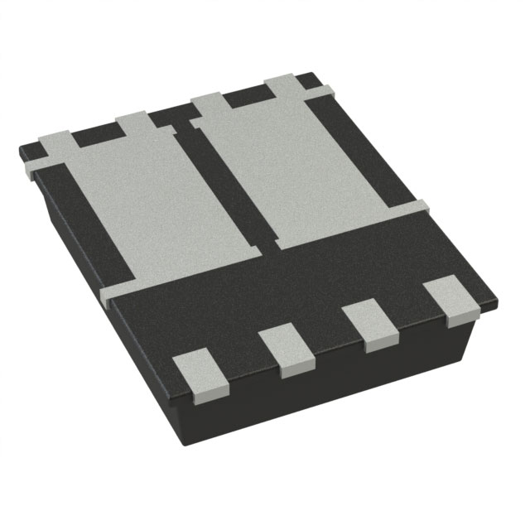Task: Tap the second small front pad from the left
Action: coord(287,350)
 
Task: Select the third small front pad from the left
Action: coord(369,325)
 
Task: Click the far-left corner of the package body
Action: coord(20,153)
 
